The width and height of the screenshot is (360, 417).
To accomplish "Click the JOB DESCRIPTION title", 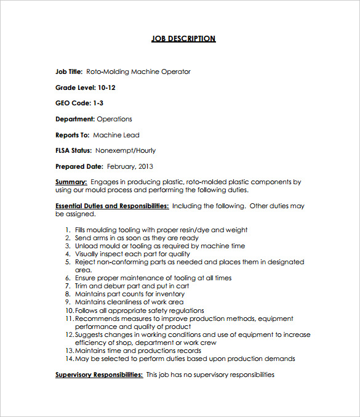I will pyautogui.click(x=183, y=39).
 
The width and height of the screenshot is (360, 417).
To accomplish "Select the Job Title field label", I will pyautogui.click(x=69, y=71).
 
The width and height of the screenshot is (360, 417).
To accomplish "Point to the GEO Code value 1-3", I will pyautogui.click(x=98, y=103).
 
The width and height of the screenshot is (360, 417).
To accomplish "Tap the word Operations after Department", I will pyautogui.click(x=114, y=119).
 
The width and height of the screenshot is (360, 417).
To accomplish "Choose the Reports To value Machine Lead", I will pyautogui.click(x=116, y=135).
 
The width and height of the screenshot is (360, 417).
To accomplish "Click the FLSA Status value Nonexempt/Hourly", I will pyautogui.click(x=126, y=150).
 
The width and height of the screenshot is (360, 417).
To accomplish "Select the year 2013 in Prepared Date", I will pyautogui.click(x=145, y=166).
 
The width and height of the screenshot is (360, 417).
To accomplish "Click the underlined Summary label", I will pyautogui.click(x=71, y=182).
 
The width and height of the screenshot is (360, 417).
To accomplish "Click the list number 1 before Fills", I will pyautogui.click(x=67, y=230).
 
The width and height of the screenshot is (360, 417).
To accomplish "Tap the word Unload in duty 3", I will pyautogui.click(x=86, y=246).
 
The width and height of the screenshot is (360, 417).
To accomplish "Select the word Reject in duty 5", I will pyautogui.click(x=86, y=262).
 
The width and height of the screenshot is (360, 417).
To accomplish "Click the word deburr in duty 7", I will pyautogui.click(x=116, y=286).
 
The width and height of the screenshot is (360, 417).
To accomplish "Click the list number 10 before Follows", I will pyautogui.click(x=69, y=310).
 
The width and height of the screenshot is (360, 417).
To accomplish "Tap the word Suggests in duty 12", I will pyautogui.click(x=90, y=334).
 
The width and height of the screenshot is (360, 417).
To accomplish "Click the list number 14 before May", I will pyautogui.click(x=69, y=358).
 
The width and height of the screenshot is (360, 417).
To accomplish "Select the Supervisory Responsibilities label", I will pyautogui.click(x=99, y=374).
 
